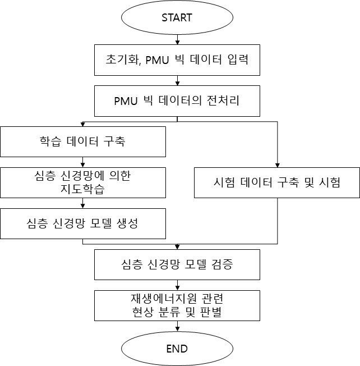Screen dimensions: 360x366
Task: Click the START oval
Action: pos(177,17)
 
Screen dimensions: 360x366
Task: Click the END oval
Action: pos(177,349)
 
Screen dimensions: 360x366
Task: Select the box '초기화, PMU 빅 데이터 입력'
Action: pos(177,60)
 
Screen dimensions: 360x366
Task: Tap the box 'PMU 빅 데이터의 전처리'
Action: pos(177,101)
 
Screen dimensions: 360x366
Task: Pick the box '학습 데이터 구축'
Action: pos(83,141)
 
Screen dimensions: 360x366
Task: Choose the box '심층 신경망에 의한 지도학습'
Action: pos(83,182)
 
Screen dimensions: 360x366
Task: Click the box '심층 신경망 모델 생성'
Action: pos(83,223)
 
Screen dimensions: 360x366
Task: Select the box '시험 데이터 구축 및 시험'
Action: pos(277,182)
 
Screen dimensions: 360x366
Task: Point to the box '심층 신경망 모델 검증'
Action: pos(177,264)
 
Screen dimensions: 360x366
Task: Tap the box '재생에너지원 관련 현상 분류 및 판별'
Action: pos(177,305)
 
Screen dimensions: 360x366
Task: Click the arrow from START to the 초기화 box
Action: pos(177,40)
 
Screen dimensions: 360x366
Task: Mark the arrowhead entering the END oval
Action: pos(177,329)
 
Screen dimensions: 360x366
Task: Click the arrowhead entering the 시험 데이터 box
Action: pos(278,165)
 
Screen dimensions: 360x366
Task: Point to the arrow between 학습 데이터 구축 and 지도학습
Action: pos(83,162)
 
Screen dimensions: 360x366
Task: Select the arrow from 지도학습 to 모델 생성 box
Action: pos(83,203)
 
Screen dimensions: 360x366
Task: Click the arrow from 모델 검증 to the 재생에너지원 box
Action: pos(177,285)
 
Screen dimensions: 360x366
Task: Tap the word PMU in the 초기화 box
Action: pos(157,60)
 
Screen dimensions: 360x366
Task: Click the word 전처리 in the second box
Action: pos(223,100)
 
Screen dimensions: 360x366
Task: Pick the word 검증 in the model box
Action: pos(222,264)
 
